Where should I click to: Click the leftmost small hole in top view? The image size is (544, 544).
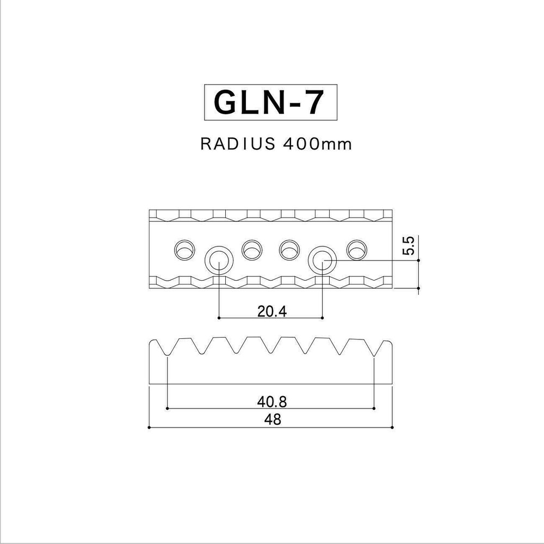(x=184, y=250)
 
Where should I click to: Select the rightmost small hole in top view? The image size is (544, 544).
(x=357, y=250)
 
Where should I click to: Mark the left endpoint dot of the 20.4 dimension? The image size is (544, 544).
(x=219, y=318)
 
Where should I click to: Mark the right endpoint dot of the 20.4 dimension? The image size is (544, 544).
(x=323, y=318)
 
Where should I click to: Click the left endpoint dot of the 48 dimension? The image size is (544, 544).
(x=149, y=428)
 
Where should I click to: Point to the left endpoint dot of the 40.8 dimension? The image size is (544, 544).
(x=167, y=408)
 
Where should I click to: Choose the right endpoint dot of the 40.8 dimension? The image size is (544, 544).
(x=375, y=408)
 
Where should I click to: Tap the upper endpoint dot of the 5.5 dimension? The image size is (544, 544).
(x=418, y=260)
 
